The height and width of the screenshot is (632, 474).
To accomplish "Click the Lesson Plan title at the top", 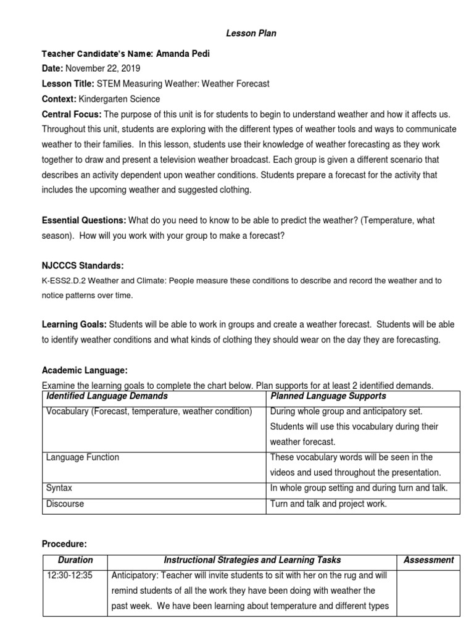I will [x=250, y=34].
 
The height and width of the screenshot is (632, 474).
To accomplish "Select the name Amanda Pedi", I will [x=183, y=54].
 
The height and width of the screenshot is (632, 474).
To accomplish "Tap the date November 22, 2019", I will [x=102, y=69].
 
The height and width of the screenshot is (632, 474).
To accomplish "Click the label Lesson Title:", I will [x=67, y=84].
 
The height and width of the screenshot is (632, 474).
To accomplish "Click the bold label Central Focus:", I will [x=72, y=114].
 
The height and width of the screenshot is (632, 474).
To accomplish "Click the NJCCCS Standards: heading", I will [x=83, y=266].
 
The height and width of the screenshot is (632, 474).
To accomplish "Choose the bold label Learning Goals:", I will [x=74, y=325].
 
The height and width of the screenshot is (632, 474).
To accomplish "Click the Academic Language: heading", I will [x=85, y=370].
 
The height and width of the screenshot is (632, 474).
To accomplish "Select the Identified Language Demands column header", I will [x=107, y=396].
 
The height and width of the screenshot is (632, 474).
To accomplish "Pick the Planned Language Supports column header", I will [x=328, y=396].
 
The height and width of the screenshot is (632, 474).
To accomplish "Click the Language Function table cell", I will [x=83, y=457].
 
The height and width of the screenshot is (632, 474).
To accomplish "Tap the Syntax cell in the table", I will [x=59, y=488].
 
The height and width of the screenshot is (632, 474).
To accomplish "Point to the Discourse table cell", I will [x=65, y=504].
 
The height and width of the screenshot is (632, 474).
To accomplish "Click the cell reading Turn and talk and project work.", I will [x=329, y=504].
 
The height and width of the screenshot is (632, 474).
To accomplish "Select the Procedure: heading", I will [x=64, y=544].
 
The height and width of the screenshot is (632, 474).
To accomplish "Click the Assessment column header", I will [x=428, y=560].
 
